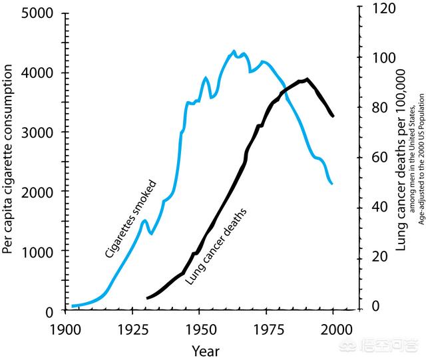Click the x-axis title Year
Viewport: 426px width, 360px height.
click(205, 351)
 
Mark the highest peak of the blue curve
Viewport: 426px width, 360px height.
click(234, 51)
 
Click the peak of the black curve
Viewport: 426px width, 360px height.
click(307, 79)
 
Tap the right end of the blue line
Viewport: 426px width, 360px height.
click(332, 184)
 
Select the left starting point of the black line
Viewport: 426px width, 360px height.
click(147, 298)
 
